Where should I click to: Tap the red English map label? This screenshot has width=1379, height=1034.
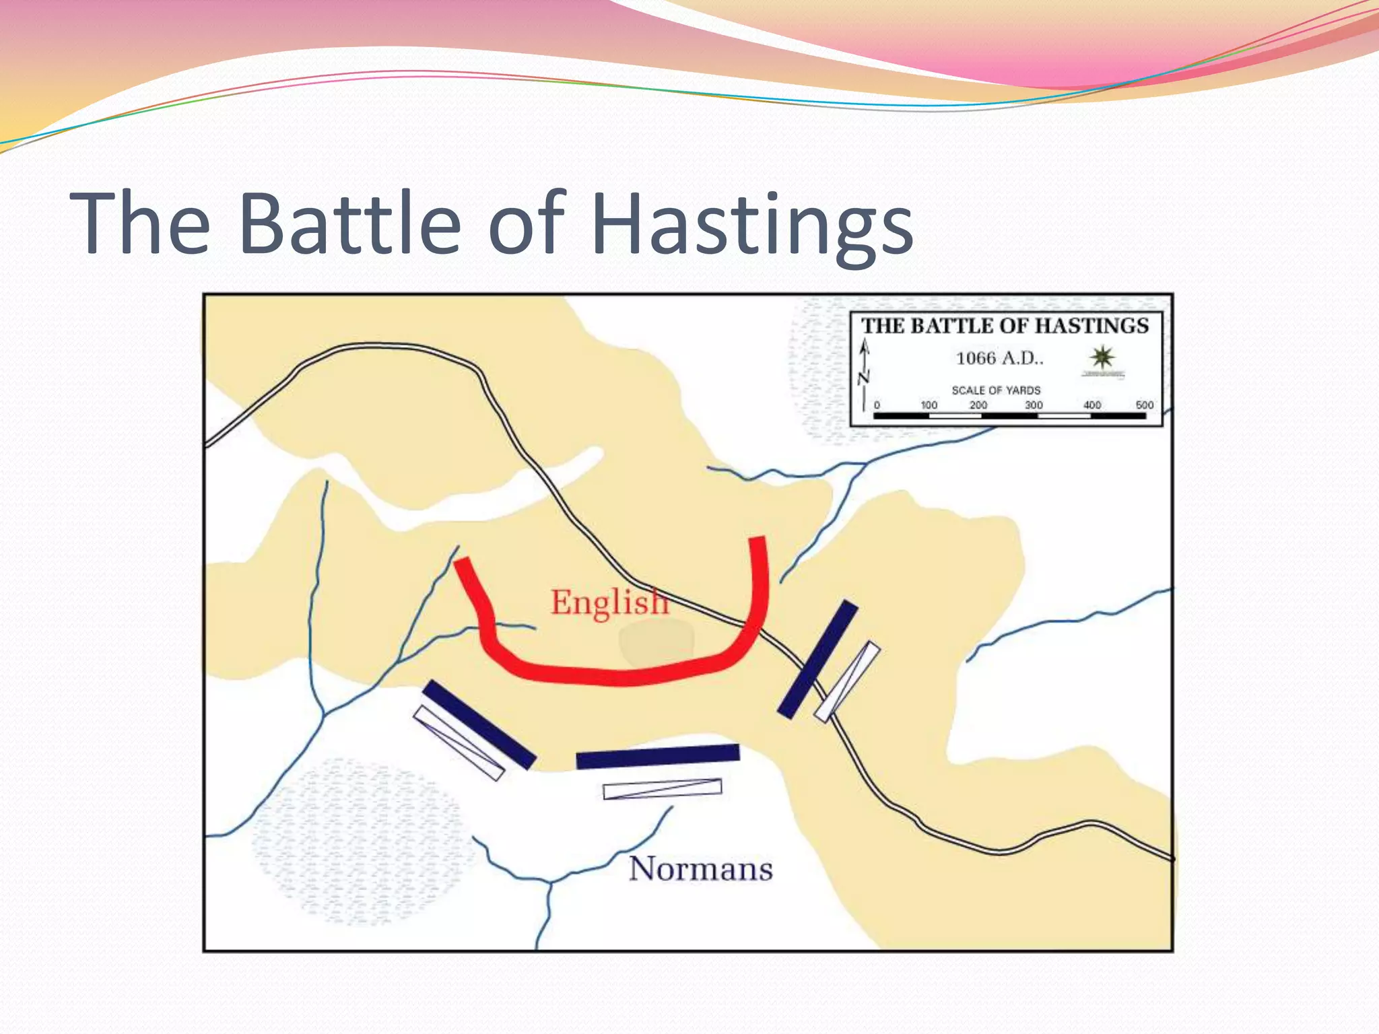pyautogui.click(x=609, y=602)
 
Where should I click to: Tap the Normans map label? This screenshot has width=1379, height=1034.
pyautogui.click(x=701, y=868)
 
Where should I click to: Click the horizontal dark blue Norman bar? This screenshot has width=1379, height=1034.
pyautogui.click(x=658, y=756)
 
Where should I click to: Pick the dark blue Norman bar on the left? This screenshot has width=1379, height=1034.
pyautogui.click(x=479, y=724)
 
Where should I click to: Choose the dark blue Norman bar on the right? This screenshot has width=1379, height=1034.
pyautogui.click(x=817, y=659)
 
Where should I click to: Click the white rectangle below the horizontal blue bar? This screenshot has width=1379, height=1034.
pyautogui.click(x=662, y=788)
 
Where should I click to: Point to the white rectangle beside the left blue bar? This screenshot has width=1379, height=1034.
pyautogui.click(x=459, y=743)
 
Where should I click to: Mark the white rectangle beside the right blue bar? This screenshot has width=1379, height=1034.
pyautogui.click(x=847, y=681)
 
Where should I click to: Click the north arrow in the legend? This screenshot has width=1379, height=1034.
pyautogui.click(x=865, y=374)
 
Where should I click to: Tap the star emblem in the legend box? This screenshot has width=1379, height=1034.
pyautogui.click(x=1102, y=357)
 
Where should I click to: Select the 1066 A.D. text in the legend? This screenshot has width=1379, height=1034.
pyautogui.click(x=999, y=358)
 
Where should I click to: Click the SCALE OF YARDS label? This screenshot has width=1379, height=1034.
pyautogui.click(x=996, y=390)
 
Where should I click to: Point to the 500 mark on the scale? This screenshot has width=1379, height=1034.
pyautogui.click(x=1144, y=405)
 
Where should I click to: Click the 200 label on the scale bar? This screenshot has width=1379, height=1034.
pyautogui.click(x=978, y=405)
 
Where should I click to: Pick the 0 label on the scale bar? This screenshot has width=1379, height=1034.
pyautogui.click(x=877, y=405)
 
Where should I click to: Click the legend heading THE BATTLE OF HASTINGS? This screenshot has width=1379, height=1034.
pyautogui.click(x=1005, y=326)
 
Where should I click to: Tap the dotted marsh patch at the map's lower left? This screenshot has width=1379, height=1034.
pyautogui.click(x=357, y=841)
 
